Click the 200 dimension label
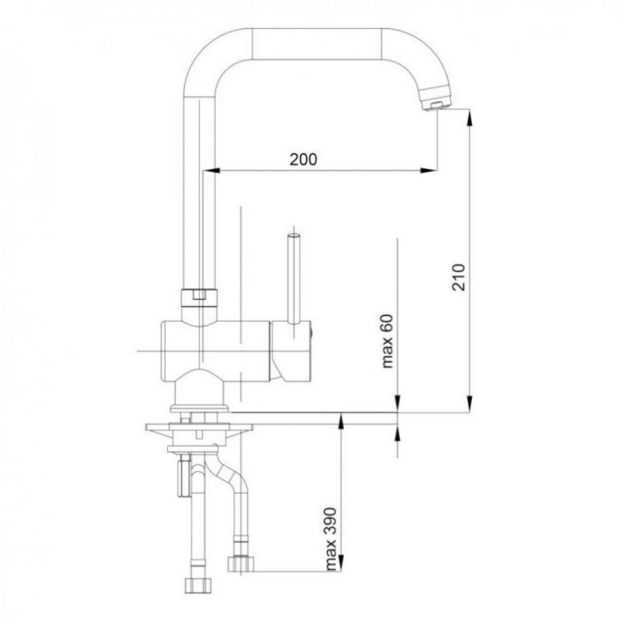tap(303, 159)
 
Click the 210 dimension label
tap(459, 277)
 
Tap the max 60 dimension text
tap(387, 341)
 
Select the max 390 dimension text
tap(331, 539)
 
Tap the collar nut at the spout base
tap(199, 297)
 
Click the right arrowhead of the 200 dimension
tap(428, 171)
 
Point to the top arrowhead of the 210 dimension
tap(470, 117)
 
